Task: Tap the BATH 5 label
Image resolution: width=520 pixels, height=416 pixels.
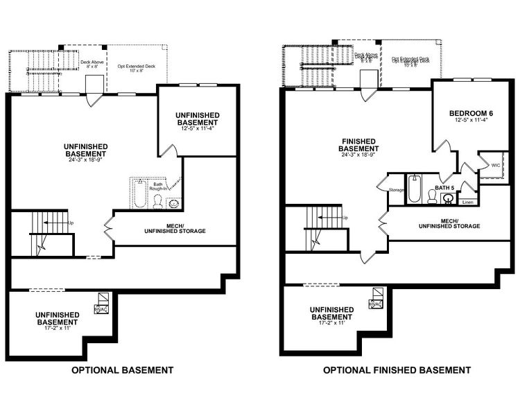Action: tap(444, 188)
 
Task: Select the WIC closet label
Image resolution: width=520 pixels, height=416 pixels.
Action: tap(496, 166)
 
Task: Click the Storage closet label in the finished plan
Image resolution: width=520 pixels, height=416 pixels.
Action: tap(397, 189)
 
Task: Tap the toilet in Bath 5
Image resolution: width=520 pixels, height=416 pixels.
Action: tap(431, 197)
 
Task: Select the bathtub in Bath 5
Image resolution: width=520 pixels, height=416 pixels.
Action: tap(414, 189)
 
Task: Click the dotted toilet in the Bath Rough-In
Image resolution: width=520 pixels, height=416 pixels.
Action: tap(157, 202)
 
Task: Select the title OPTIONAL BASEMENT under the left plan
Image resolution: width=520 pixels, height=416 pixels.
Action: tap(123, 370)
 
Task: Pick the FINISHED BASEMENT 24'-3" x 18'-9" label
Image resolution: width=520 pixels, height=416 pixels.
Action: tap(358, 148)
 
